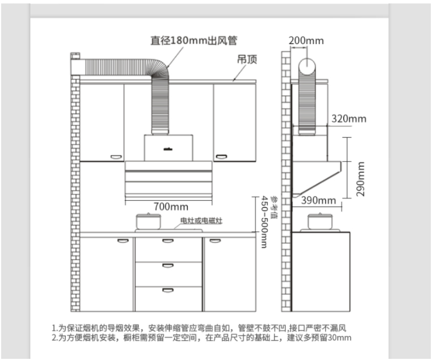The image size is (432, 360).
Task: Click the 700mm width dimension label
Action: tap(171, 206)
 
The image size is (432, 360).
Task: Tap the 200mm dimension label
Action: tap(306, 41)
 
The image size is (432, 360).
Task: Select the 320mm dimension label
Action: tap(349, 119)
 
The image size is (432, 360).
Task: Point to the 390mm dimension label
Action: tap(319, 200)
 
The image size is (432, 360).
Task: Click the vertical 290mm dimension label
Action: tap(360, 179)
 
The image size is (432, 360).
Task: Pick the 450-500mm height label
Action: tap(265, 222)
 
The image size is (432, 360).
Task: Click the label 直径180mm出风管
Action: tap(194, 41)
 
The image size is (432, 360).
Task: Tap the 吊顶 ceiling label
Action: tap(247, 59)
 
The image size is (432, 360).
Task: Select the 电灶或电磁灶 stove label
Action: tap(201, 221)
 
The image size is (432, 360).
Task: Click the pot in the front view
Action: tap(148, 221)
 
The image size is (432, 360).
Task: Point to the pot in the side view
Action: tap(320, 221)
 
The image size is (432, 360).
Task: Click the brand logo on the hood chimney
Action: tap(168, 150)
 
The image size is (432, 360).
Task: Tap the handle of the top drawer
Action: tap(168, 241)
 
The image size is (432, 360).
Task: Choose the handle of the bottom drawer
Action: tap(168, 290)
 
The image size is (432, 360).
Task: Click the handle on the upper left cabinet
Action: tap(116, 157)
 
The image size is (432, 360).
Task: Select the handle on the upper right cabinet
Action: tap(222, 157)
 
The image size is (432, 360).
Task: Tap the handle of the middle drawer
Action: tap(168, 266)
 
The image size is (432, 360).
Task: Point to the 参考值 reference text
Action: tap(274, 207)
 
